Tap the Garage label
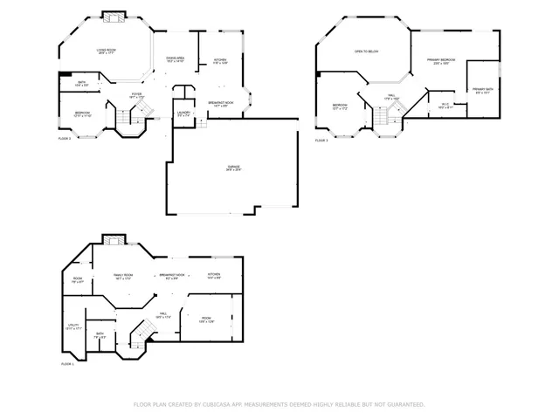(x=233, y=168)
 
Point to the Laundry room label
(x=183, y=113)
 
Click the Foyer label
(x=137, y=95)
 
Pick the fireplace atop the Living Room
(x=113, y=16)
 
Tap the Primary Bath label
(x=483, y=91)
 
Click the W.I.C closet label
(x=445, y=106)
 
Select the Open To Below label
(x=366, y=52)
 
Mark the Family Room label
(x=123, y=276)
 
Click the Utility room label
(x=73, y=327)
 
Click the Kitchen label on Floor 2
(x=220, y=61)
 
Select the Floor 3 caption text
(x=321, y=140)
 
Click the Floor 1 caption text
(x=67, y=363)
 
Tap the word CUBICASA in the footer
(x=224, y=405)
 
